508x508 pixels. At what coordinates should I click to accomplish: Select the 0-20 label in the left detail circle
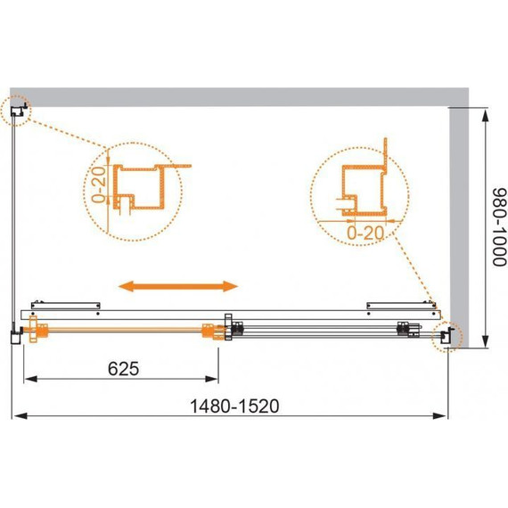click(99, 184)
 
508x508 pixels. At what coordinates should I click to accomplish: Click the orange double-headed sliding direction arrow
click(179, 286)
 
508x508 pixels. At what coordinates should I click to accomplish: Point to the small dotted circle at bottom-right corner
click(443, 337)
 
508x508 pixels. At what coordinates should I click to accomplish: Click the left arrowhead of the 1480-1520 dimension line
click(16, 416)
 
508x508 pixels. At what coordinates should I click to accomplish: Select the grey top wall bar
click(241, 98)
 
